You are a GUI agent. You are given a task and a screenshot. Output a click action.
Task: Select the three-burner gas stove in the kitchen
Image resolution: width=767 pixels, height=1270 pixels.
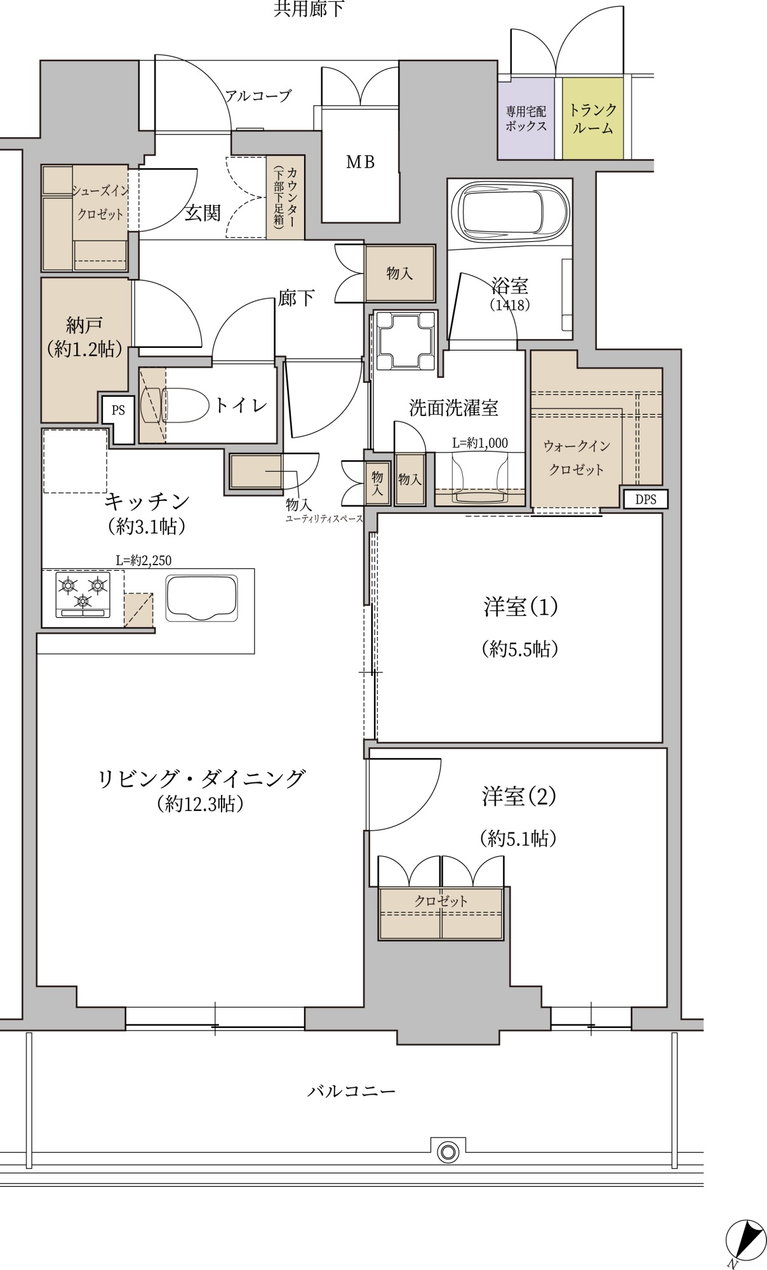[83, 594]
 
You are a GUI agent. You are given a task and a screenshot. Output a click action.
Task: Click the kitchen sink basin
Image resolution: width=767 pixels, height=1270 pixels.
[202, 598]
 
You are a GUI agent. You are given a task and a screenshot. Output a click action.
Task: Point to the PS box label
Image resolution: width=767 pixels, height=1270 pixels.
[118, 410]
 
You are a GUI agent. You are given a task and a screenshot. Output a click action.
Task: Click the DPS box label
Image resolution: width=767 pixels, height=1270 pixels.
[646, 500]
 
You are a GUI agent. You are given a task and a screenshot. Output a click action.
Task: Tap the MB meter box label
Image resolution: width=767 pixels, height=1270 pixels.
[360, 163]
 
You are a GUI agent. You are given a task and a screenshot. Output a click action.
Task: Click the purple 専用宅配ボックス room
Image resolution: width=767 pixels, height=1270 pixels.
[526, 119]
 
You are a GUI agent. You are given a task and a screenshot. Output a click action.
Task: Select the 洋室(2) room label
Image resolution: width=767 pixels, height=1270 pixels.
[519, 796]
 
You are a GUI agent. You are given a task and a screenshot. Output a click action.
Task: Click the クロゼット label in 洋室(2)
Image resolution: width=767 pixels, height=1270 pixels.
[441, 900]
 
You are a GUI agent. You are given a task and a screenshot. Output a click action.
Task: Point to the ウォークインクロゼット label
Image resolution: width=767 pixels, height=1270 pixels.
[577, 458]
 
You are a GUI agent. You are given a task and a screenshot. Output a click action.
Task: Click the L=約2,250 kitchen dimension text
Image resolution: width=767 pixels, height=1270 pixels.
[143, 560]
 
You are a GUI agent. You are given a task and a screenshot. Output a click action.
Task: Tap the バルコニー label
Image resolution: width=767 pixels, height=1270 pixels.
[352, 1091]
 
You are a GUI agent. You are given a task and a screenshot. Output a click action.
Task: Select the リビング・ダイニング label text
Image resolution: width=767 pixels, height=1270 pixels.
[201, 779]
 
